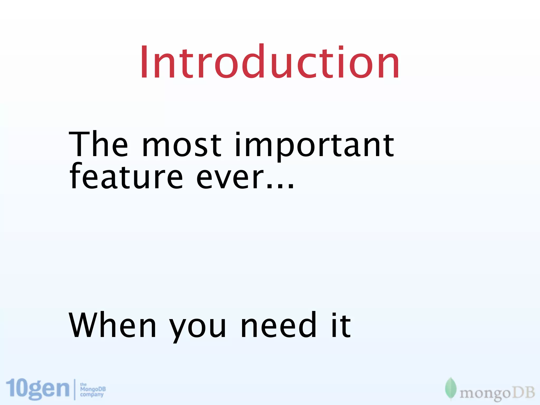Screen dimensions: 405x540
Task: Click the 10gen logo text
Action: pyautogui.click(x=37, y=389)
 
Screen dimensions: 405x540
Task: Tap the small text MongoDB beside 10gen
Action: pyautogui.click(x=93, y=389)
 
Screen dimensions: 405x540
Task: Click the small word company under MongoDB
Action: pyautogui.click(x=92, y=395)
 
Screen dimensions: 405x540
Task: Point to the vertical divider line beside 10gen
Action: pyautogui.click(x=75, y=389)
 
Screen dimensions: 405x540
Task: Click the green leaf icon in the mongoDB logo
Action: pyautogui.click(x=450, y=388)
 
